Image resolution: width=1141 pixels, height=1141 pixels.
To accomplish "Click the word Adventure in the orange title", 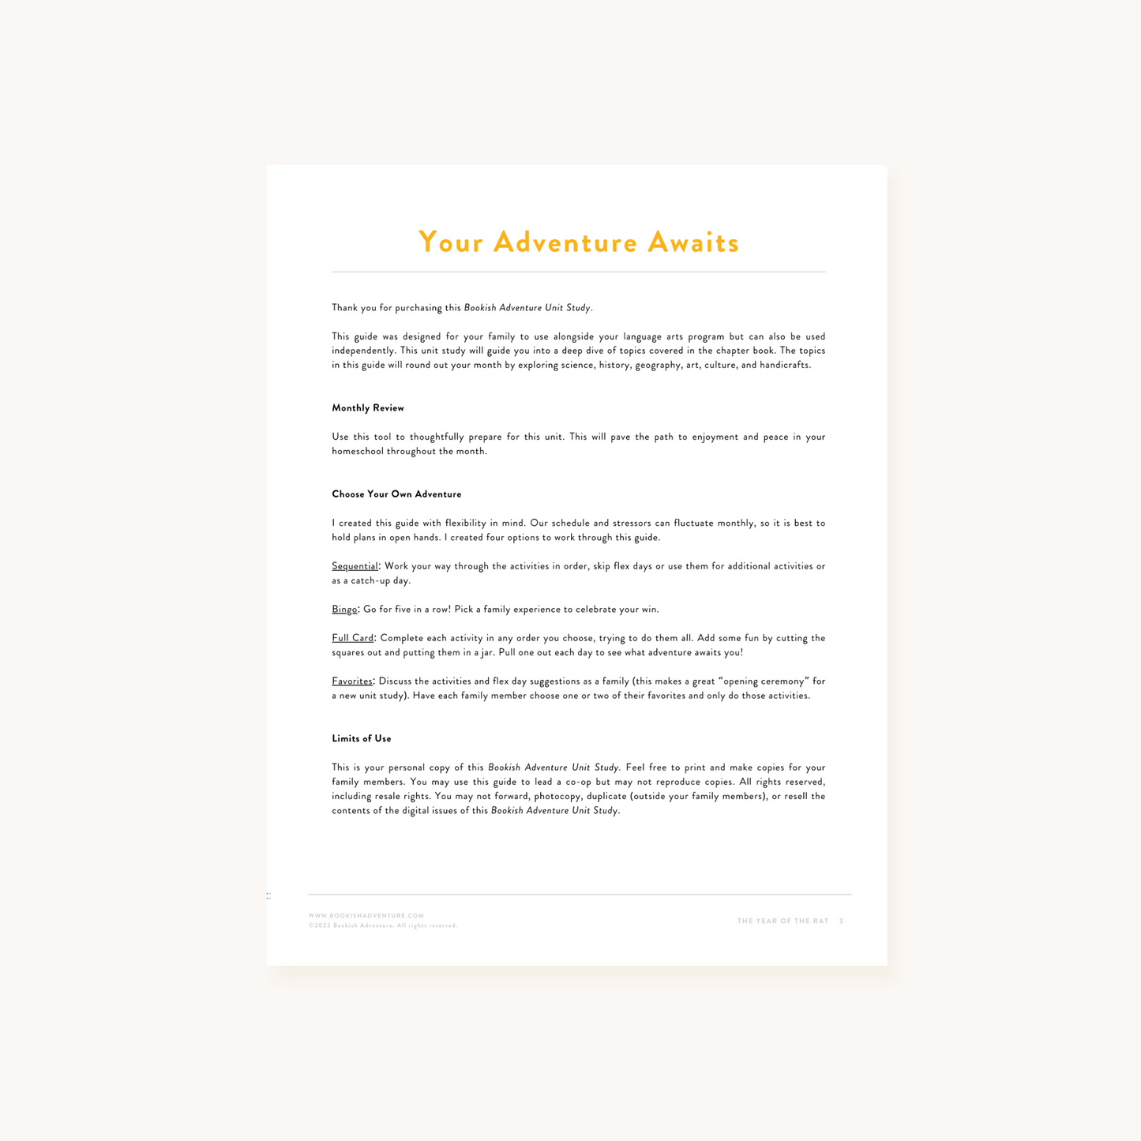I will pos(565,242).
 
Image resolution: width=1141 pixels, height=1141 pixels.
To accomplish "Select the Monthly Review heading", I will pos(367,408).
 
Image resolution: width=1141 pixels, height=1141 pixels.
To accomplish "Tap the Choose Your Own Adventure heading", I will pos(396,494).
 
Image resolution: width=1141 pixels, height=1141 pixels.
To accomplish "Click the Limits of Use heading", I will pos(361,739).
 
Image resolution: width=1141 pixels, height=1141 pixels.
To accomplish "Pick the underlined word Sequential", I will pos(355,566).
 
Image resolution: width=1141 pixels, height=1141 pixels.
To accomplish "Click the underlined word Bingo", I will pos(344,610).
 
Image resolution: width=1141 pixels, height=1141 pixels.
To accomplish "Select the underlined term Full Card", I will pos(352,638).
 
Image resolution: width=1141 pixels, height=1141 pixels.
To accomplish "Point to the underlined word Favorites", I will pos(351,681).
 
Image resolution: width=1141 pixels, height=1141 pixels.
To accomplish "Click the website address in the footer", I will pos(366,916).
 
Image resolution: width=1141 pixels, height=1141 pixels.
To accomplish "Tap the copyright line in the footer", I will pos(383,925).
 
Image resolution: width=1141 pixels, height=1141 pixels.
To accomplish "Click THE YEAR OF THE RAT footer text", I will pos(783,921).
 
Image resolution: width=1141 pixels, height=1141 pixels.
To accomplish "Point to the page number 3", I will pos(841,921).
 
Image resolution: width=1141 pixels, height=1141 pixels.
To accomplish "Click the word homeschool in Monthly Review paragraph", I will pos(358,452).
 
